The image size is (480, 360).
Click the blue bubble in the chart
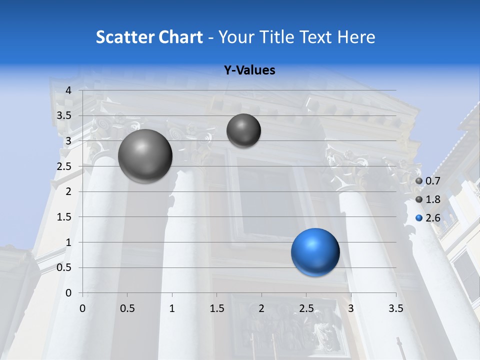point(315,252)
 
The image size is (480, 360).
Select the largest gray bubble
point(145,156)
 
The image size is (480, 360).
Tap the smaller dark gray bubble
point(243,130)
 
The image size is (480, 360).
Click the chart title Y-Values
point(249,70)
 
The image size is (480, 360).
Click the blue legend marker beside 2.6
point(419,218)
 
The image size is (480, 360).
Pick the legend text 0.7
point(432,181)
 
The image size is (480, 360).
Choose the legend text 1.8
point(432,199)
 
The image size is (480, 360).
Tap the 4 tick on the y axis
point(69,90)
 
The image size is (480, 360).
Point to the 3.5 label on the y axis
point(64,115)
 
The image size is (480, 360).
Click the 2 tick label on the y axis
point(69,191)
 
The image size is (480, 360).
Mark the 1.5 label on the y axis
point(64,217)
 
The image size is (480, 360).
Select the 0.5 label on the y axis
point(64,267)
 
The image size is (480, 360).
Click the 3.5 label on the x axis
point(396,308)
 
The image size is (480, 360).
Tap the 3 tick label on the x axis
point(351,308)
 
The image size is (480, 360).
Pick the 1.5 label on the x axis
point(217,308)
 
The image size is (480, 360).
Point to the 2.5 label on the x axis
point(306,308)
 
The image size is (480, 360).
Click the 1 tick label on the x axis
point(172,308)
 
